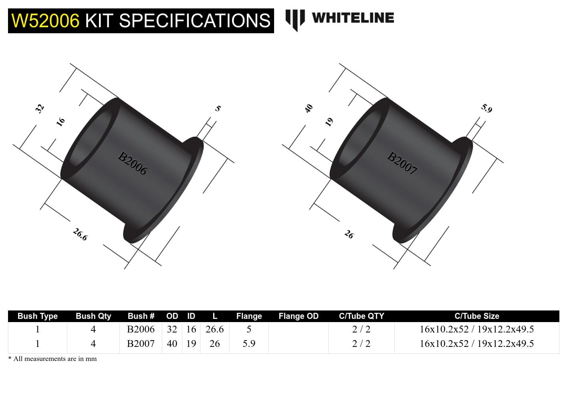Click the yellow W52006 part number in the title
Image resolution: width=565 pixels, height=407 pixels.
(x=45, y=21)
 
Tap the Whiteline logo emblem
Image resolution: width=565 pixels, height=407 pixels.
(x=295, y=19)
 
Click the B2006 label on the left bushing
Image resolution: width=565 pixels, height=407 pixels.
(x=132, y=163)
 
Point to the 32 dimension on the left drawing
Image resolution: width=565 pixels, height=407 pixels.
(x=40, y=108)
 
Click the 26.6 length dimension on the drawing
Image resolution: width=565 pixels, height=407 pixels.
(x=80, y=234)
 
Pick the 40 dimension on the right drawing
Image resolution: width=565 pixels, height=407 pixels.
(x=309, y=108)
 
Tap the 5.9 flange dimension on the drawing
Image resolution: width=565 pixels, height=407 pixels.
(x=486, y=108)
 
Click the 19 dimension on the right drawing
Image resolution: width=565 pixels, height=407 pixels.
(x=329, y=122)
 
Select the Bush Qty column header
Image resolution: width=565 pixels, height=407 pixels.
(x=93, y=316)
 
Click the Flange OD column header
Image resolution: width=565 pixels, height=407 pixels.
(x=298, y=316)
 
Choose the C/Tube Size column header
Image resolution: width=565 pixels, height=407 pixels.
(x=476, y=316)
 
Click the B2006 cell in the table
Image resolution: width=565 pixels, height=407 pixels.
(x=141, y=329)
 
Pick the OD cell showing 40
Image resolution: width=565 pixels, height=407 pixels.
(x=172, y=344)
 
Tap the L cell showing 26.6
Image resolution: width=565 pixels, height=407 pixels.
(x=214, y=329)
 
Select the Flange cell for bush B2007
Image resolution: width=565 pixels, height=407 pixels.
(x=249, y=344)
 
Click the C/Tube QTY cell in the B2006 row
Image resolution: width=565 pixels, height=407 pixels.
(x=361, y=329)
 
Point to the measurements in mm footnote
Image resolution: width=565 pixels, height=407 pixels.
(x=52, y=359)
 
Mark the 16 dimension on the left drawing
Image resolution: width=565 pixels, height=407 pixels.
(x=61, y=122)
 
